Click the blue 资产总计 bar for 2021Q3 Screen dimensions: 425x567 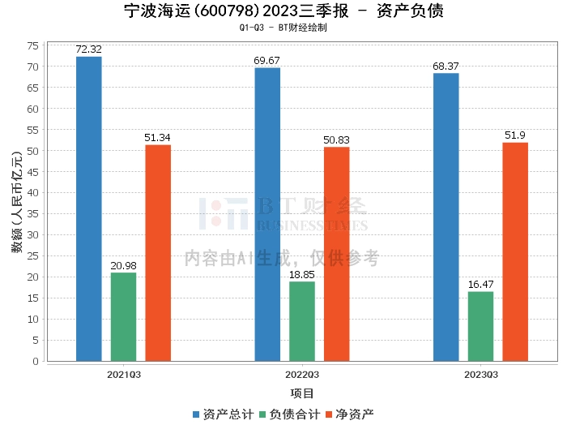(89, 209)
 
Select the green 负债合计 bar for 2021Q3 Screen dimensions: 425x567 (123, 317)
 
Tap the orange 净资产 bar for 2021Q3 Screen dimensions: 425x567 (158, 253)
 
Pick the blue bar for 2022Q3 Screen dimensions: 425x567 (267, 215)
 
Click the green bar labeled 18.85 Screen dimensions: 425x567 (302, 321)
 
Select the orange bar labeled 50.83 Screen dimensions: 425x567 (337, 254)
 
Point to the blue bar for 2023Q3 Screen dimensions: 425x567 (446, 217)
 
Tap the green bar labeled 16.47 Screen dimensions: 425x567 (480, 326)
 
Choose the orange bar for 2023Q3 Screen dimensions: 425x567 (515, 251)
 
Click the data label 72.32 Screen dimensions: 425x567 (89, 49)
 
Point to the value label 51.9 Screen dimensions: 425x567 (515, 135)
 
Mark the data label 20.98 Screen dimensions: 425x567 (123, 266)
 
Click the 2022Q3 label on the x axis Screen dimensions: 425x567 (302, 375)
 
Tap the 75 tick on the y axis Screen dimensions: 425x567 (32, 45)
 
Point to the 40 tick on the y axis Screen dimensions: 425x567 (32, 193)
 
